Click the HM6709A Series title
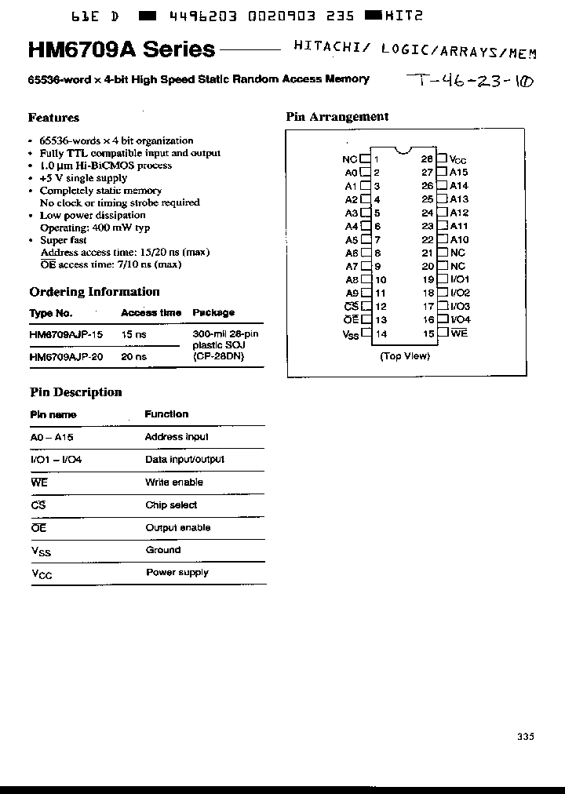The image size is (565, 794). [122, 50]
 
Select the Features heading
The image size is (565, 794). [53, 118]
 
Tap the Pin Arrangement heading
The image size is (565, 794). [337, 117]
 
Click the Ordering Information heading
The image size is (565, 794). [94, 292]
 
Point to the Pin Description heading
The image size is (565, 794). [75, 392]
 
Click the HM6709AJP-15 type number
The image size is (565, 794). [66, 333]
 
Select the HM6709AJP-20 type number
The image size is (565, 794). [66, 356]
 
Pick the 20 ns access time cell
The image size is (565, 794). [133, 356]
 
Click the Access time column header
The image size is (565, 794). [151, 312]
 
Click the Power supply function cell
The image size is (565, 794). [177, 573]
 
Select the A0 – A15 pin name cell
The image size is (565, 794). [52, 437]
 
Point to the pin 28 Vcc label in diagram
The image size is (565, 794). [457, 159]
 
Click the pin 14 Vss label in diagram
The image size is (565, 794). [350, 334]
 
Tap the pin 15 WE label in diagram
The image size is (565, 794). [458, 333]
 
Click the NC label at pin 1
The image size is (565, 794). [350, 159]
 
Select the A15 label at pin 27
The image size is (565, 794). [458, 172]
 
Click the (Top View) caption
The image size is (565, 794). [405, 356]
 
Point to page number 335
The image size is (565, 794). [525, 736]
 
